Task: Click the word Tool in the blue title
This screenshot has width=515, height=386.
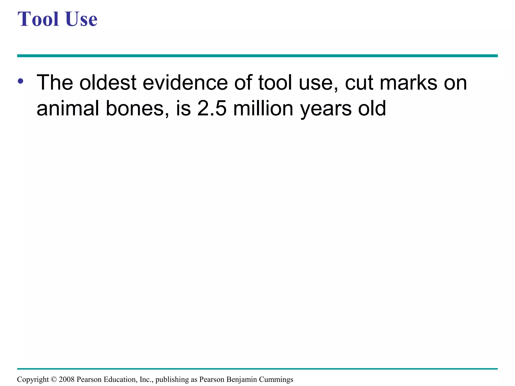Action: pyautogui.click(x=38, y=19)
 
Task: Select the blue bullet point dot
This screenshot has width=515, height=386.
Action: pyautogui.click(x=21, y=81)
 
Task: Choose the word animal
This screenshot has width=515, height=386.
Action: pyautogui.click(x=68, y=109)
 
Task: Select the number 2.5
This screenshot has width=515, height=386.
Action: pyautogui.click(x=212, y=109)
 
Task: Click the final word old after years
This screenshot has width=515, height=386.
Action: pyautogui.click(x=372, y=109)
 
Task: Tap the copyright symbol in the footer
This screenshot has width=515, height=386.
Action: pyautogui.click(x=54, y=379)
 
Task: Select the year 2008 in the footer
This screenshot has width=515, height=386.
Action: pyautogui.click(x=67, y=379)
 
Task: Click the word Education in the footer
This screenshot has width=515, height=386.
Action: pyautogui.click(x=120, y=379)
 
